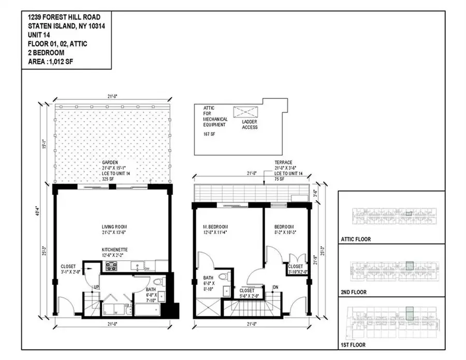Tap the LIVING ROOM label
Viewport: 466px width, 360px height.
coord(114,227)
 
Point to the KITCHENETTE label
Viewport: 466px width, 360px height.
coord(115,249)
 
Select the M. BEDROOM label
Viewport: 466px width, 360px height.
coord(215,227)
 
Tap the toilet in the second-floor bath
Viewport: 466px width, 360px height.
coord(224,276)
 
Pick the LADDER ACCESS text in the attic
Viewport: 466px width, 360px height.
coord(250,124)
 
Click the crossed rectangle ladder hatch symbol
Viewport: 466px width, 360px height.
coord(245,112)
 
